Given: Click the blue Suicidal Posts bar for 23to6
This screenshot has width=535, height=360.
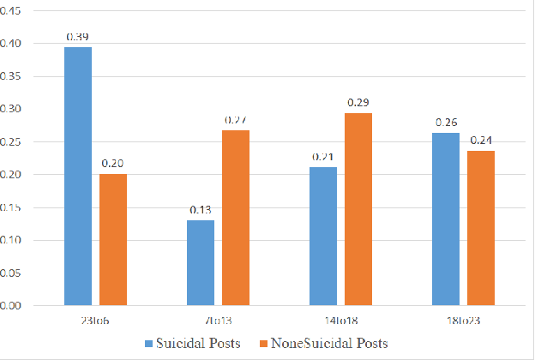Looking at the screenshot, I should point(78,176).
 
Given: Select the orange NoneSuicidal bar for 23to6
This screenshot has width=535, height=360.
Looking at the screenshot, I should point(113,239).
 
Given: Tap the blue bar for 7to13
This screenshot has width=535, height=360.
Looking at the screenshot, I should point(201,262).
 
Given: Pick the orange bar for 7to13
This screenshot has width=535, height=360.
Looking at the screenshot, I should point(236,218).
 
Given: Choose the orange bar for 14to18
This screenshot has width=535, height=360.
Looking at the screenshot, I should point(358,209).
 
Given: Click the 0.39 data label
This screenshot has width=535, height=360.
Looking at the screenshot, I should point(78,37).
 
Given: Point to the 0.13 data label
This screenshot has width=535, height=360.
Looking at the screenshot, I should point(201,209).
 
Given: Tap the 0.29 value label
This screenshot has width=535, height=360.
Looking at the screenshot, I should point(358,103).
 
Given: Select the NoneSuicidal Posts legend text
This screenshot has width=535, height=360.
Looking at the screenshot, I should point(329,344).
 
